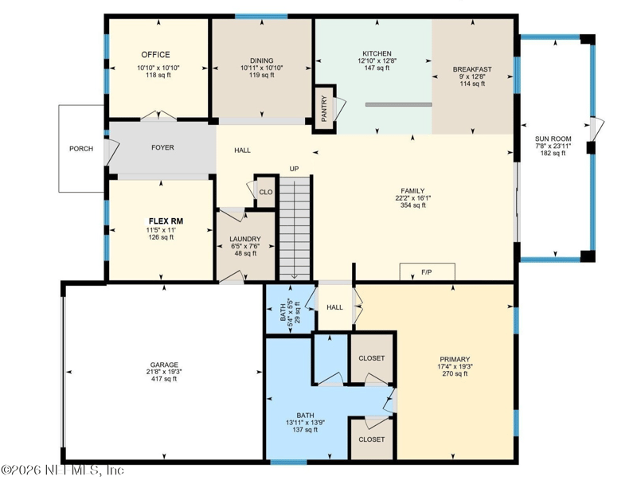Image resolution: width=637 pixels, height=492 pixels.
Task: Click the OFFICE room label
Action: coord(155,54)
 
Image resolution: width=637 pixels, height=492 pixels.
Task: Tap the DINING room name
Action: coord(262,61)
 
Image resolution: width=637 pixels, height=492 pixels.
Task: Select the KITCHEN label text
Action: coord(377,53)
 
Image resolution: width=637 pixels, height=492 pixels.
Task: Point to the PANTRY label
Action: coord(324,108)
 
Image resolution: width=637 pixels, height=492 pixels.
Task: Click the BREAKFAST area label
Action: coord(472,69)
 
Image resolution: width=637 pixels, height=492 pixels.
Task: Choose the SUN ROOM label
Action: coord(553,139)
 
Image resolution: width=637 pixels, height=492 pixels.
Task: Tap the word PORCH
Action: coord(81,149)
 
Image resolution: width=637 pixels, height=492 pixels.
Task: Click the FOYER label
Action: coord(162,147)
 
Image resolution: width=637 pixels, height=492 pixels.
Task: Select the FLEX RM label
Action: coord(166,221)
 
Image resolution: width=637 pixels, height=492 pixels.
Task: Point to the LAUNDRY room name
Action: coord(245,239)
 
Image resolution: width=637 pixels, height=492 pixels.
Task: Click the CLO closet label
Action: coord(266,192)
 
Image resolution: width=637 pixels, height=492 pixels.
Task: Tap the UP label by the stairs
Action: coord(294,169)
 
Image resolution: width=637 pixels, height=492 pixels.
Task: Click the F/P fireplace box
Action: coord(428,271)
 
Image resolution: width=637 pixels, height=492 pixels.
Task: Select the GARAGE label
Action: coord(164,365)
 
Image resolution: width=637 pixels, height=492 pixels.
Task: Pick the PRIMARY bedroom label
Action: coord(455,359)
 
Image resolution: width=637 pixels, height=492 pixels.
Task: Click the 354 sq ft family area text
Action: coord(412,205)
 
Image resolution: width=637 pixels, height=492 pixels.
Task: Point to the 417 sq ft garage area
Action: coord(164,379)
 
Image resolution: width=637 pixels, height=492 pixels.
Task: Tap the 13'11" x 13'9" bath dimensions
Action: coord(305,423)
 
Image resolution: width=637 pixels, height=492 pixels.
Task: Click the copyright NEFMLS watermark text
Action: coord(62,470)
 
